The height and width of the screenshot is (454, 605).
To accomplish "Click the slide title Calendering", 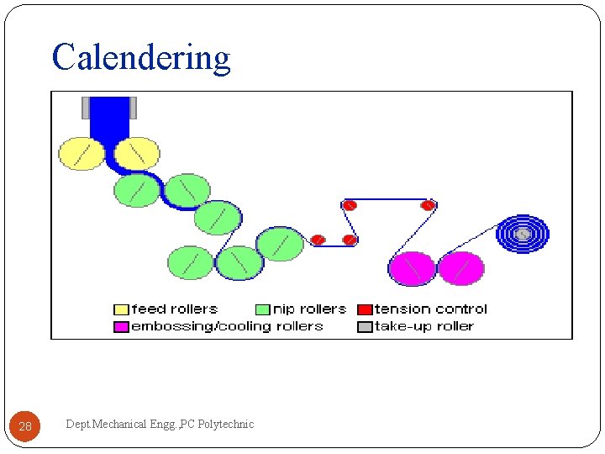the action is pyautogui.click(x=141, y=57).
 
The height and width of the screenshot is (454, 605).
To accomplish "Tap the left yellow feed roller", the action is pyautogui.click(x=82, y=154).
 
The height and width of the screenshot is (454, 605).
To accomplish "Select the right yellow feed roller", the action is pyautogui.click(x=137, y=154).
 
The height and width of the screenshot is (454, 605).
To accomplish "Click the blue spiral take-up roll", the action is pyautogui.click(x=522, y=234).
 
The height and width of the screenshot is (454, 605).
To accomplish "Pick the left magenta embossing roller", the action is pyautogui.click(x=412, y=268).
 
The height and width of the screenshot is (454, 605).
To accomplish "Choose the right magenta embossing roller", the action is pyautogui.click(x=461, y=268).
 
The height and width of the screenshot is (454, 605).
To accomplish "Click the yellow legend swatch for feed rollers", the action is pyautogui.click(x=121, y=309).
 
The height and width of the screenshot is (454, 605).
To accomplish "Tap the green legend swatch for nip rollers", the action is pyautogui.click(x=262, y=309).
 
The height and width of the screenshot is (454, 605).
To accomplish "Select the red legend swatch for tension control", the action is pyautogui.click(x=365, y=309).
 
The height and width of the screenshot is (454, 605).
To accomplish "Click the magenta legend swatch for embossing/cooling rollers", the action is pyautogui.click(x=121, y=326).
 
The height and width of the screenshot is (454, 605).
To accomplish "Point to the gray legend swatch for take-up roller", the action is pyautogui.click(x=365, y=326).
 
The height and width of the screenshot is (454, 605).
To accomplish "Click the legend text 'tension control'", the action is pyautogui.click(x=430, y=309).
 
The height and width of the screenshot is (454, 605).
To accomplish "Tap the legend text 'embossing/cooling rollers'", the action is pyautogui.click(x=227, y=326).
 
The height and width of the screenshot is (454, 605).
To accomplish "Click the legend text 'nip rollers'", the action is pyautogui.click(x=309, y=309).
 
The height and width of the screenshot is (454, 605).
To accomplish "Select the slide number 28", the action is pyautogui.click(x=25, y=426).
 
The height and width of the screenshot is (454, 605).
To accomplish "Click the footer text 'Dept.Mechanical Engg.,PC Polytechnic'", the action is pyautogui.click(x=160, y=425).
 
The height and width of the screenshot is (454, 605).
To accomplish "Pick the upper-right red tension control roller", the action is pyautogui.click(x=428, y=205).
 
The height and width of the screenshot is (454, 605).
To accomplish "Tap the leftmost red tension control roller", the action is pyautogui.click(x=318, y=240).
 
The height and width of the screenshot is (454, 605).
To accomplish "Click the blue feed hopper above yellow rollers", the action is pyautogui.click(x=109, y=118).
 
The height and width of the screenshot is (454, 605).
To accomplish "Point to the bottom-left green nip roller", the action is pyautogui.click(x=191, y=262).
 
